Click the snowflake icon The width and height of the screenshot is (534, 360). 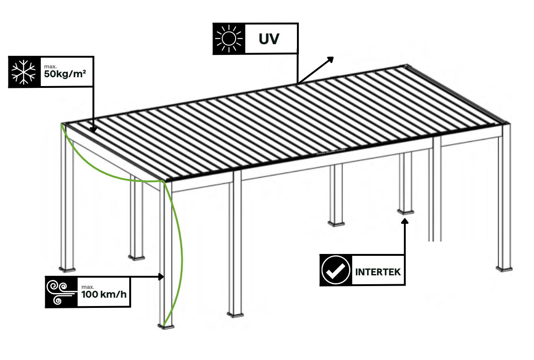25,72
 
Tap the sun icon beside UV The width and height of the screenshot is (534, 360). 228,38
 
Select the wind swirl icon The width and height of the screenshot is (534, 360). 60,292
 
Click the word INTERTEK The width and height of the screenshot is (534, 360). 378,271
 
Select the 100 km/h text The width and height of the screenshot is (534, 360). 103,294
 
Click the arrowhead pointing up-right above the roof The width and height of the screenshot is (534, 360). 330,59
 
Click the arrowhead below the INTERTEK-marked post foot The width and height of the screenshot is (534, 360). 405,220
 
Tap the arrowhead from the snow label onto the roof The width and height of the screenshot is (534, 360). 93,130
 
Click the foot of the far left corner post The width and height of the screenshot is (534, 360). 67,268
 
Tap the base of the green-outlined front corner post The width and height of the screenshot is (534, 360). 166,326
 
